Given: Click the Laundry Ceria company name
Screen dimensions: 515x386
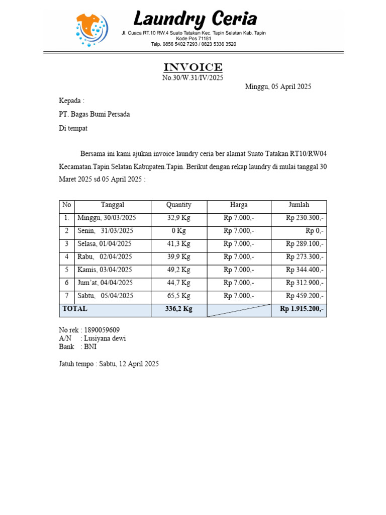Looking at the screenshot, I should (195, 20).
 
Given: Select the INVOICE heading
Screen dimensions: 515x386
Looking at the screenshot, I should (193, 67).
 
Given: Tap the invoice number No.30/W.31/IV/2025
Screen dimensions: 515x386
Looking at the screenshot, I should (192, 78).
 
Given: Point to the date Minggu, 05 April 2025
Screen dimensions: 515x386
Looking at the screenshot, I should (278, 87).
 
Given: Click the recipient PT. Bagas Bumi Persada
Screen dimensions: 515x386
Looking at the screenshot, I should (94, 114).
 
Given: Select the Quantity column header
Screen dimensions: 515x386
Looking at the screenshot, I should (179, 205).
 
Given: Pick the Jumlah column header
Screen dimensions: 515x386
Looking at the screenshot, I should (299, 205).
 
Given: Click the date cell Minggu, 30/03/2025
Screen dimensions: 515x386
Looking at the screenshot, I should (107, 218).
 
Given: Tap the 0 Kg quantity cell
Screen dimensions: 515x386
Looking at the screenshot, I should (179, 231).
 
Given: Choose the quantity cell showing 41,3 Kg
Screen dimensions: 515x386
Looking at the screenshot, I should (179, 244).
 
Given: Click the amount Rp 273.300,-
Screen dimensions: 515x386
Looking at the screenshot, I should (305, 257).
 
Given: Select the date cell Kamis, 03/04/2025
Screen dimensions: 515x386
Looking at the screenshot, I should (105, 270).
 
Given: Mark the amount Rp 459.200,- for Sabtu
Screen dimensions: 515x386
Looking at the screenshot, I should (305, 296).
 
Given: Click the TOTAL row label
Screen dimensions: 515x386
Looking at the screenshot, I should (74, 309).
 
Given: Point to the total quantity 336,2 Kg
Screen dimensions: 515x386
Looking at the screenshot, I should (179, 309).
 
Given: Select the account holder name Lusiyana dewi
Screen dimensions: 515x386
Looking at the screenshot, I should (105, 338).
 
